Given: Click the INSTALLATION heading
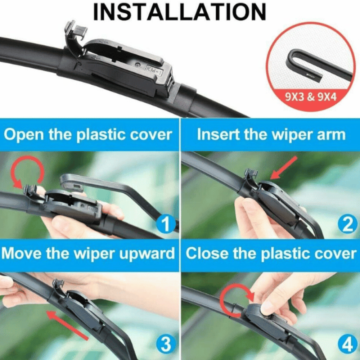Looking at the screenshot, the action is pos(180,12).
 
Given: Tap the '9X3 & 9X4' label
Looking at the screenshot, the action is pos(311,97).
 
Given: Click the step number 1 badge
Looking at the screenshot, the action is pos(165,224).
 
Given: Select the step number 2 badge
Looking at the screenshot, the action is pos(348,224).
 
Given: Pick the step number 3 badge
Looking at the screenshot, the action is pos(166,345).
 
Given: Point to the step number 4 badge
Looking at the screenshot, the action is pos(348,345).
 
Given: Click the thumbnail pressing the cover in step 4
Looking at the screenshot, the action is pos(267,308).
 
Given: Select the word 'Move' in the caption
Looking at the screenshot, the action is pos(22,254).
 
